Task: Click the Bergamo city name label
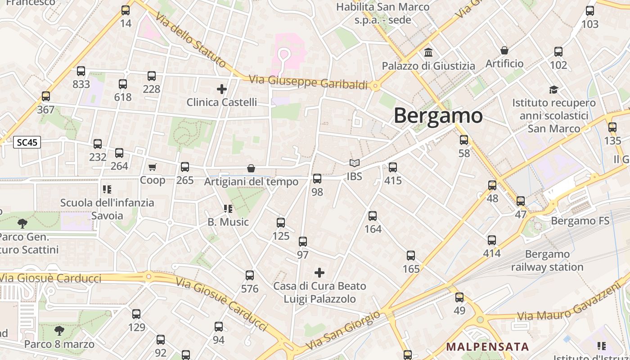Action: [x=438, y=116]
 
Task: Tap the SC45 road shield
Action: [x=27, y=143]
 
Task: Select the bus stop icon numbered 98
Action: [x=317, y=179]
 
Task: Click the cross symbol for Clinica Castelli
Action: [x=221, y=89]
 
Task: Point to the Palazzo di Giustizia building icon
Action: [x=428, y=53]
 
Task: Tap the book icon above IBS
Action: [x=355, y=163]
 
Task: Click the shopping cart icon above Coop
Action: [x=152, y=167]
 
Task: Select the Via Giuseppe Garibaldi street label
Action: [x=308, y=82]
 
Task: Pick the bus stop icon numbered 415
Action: [x=393, y=167]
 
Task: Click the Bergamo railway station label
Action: [x=547, y=261]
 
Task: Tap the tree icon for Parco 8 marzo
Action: [x=59, y=331]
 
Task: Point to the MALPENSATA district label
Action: [x=487, y=346]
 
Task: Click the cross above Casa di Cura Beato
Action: [x=319, y=273]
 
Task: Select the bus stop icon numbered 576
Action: [x=250, y=275]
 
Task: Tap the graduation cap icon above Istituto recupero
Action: [x=553, y=90]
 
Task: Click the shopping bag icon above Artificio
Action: [x=504, y=50]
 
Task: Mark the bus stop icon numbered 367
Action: [x=46, y=96]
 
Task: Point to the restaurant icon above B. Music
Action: [x=228, y=209]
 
